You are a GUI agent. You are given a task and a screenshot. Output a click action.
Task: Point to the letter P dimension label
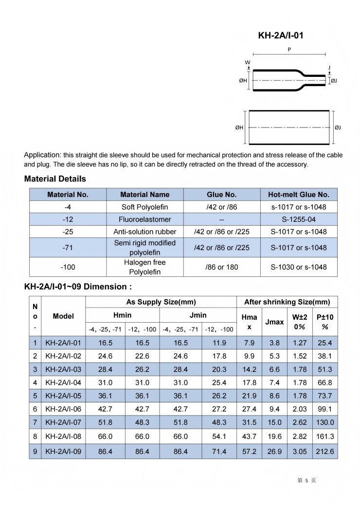[x=289, y=50]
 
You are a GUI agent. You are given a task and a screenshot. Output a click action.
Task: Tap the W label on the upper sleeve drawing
[x=248, y=62]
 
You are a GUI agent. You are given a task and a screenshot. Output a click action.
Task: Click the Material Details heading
[x=55, y=179]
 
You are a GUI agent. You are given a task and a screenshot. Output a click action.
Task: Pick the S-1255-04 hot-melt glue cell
[x=299, y=219]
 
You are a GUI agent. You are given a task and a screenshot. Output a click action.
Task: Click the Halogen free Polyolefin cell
[x=145, y=267]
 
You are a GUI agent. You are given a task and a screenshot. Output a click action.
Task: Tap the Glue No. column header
[x=221, y=194]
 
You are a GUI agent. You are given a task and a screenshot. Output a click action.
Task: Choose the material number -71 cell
[x=68, y=247]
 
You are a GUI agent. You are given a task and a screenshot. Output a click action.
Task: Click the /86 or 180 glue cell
[x=221, y=267]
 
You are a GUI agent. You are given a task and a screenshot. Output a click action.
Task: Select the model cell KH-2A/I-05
[x=63, y=395]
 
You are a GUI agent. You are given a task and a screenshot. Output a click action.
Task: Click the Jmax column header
[x=274, y=322]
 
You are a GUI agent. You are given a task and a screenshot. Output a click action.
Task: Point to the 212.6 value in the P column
[x=325, y=451]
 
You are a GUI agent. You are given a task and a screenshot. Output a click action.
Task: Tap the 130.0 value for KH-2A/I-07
[x=325, y=422]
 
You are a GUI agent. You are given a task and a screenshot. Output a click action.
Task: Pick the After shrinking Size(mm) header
[x=287, y=302]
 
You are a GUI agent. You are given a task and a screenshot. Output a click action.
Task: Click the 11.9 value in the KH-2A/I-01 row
[x=219, y=343]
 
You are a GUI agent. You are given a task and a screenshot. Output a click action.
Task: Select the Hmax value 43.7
[x=249, y=436]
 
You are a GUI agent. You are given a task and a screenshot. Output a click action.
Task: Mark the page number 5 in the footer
[x=306, y=481]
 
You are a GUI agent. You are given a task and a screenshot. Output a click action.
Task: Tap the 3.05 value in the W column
[x=300, y=451]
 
